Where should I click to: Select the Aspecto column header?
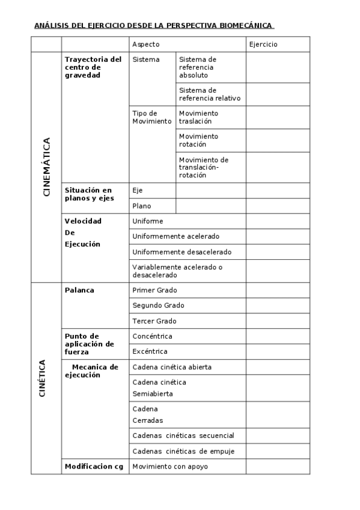coord(145,45)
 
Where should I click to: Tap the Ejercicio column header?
coord(263,45)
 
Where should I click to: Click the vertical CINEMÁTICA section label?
coord(46,167)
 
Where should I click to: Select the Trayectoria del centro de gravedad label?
coord(93,67)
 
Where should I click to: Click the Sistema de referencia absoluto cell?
coord(198,67)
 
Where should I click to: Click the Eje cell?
coord(138,191)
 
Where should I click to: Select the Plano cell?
coord(141,206)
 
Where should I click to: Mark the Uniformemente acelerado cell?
coord(176,236)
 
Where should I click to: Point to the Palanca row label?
coord(79,290)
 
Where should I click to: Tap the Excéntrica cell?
coord(150,351)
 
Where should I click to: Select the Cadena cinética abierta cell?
coord(172,367)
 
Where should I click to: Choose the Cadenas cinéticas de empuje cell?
coord(183,451)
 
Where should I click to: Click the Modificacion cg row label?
coord(94,467)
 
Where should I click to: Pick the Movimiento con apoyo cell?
coord(170,467)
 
